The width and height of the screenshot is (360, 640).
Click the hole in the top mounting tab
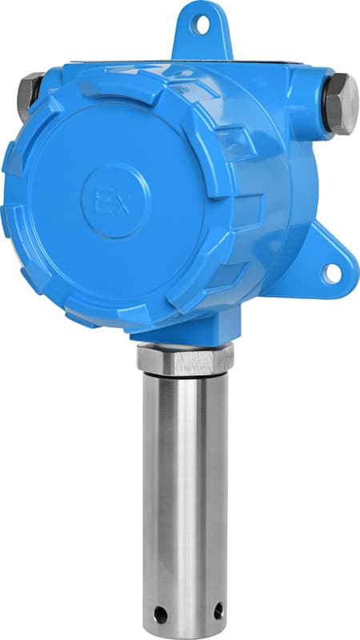coord(202,25)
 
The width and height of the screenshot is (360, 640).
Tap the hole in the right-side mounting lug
coord(331,273)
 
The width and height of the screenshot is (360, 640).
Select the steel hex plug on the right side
coord(342,104)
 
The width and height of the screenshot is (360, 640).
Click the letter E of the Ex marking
coord(102,202)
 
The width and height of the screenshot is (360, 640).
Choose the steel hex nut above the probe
coord(185,359)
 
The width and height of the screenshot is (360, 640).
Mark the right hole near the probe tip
coord(218,610)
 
